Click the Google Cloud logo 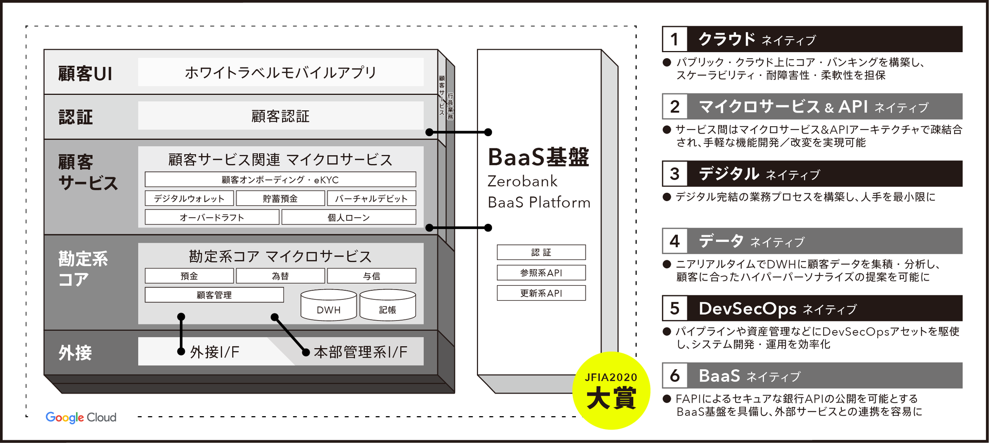point(81,417)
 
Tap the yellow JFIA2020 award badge point(611,391)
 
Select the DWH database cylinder point(329,305)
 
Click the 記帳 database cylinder point(387,305)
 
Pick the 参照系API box point(541,273)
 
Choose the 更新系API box point(541,293)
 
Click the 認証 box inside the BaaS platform point(541,252)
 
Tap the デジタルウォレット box point(189,199)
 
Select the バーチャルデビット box point(371,199)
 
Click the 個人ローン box point(349,217)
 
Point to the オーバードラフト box point(212,217)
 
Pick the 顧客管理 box point(214,295)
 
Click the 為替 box point(280,276)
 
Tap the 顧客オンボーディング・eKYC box point(280,179)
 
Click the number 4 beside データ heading point(675,241)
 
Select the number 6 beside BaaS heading point(675,375)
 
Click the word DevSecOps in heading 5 point(747,308)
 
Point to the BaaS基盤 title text point(538,157)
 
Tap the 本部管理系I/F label point(361,352)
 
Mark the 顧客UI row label point(85,73)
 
